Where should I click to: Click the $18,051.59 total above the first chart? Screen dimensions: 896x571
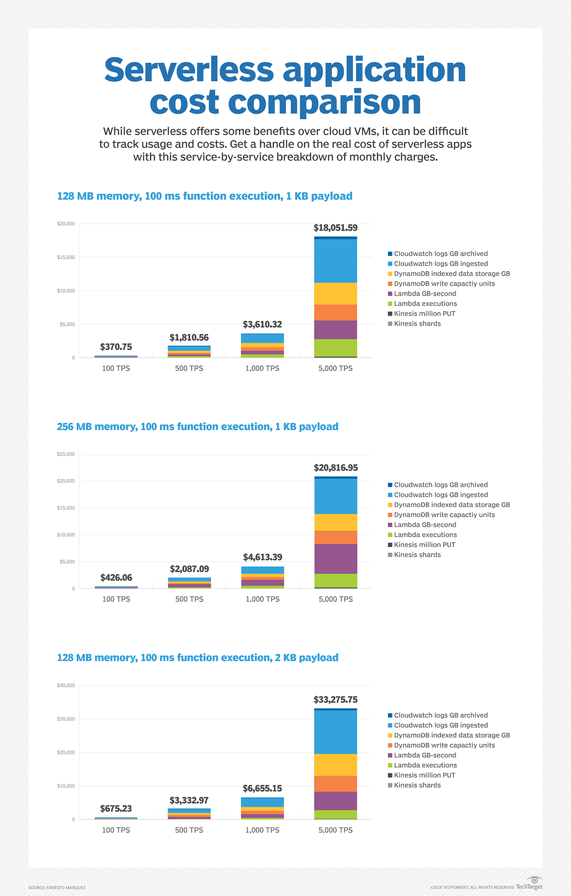pyautogui.click(x=335, y=228)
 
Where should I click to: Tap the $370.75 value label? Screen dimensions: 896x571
pyautogui.click(x=116, y=347)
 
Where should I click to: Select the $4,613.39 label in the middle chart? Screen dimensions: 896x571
pyautogui.click(x=263, y=557)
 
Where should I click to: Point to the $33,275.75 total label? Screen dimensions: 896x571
pyautogui.click(x=335, y=700)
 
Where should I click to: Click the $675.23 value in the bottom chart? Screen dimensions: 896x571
pyautogui.click(x=116, y=808)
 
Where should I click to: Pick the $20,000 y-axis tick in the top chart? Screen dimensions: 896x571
pyautogui.click(x=66, y=224)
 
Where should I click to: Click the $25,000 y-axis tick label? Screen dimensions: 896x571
pyautogui.click(x=66, y=454)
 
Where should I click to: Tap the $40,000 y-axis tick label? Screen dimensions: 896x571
pyautogui.click(x=66, y=685)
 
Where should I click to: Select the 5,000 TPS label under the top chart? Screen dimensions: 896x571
pyautogui.click(x=335, y=369)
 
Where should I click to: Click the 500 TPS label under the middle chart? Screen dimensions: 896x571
pyautogui.click(x=189, y=599)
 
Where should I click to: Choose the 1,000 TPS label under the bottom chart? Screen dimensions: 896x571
pyautogui.click(x=262, y=830)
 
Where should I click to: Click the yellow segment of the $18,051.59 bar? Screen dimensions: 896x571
pyautogui.click(x=335, y=293)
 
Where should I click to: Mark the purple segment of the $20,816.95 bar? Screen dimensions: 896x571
pyautogui.click(x=335, y=558)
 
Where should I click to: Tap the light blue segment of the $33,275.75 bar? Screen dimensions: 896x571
pyautogui.click(x=335, y=731)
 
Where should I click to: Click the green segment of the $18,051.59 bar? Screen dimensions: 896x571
pyautogui.click(x=335, y=348)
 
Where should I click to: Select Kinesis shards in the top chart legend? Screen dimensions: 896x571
pyautogui.click(x=417, y=324)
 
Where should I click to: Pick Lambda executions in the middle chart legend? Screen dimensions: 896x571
pyautogui.click(x=425, y=535)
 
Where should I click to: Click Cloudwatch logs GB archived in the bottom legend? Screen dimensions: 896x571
pyautogui.click(x=441, y=715)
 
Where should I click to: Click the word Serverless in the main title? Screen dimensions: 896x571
pyautogui.click(x=189, y=70)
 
